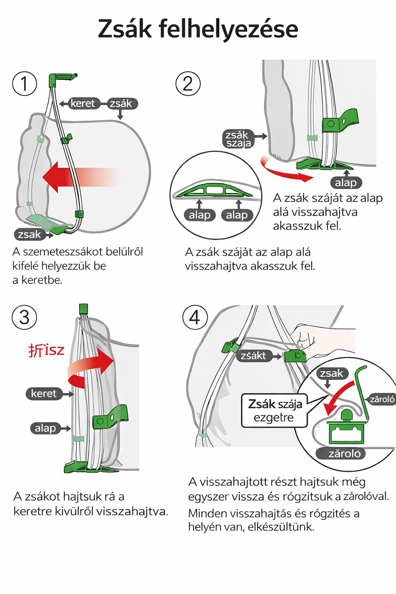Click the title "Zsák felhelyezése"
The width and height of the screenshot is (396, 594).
pyautogui.click(x=198, y=29)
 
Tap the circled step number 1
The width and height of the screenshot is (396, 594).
pyautogui.click(x=24, y=84)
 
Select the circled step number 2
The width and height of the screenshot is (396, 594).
pyautogui.click(x=188, y=84)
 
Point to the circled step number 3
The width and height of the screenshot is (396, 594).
pyautogui.click(x=24, y=317)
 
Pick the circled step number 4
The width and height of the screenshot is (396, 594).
pyautogui.click(x=195, y=317)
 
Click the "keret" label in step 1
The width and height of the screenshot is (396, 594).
pyautogui.click(x=82, y=104)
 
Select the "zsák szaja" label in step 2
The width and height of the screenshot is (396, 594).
pyautogui.click(x=238, y=139)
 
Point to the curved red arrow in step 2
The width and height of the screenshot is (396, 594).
pyautogui.click(x=284, y=170)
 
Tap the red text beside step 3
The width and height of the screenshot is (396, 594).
pyautogui.click(x=46, y=350)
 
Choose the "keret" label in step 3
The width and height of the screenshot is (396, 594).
pyautogui.click(x=44, y=394)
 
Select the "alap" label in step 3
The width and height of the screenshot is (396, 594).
pyautogui.click(x=45, y=428)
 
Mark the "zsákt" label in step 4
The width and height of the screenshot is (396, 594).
pyautogui.click(x=253, y=356)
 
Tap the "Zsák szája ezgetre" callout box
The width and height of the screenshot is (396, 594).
pyautogui.click(x=274, y=411)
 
